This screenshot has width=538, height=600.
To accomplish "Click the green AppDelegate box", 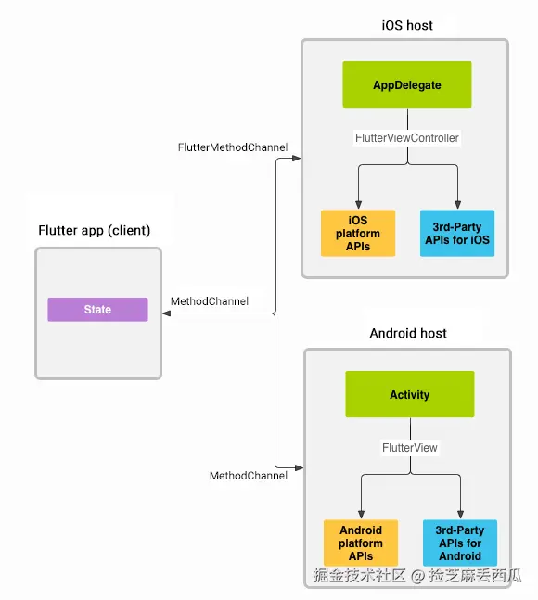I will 407,85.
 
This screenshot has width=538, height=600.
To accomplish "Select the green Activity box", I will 409,395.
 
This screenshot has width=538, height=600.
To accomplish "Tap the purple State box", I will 97,310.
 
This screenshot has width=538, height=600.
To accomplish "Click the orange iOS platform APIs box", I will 358,234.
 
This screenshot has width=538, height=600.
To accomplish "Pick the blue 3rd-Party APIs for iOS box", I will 456,234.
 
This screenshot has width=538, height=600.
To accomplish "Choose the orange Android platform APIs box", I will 360,543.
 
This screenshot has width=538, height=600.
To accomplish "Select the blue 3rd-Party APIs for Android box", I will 459,543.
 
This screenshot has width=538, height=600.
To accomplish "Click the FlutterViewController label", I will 407,138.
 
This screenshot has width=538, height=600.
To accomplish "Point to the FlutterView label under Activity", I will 409,448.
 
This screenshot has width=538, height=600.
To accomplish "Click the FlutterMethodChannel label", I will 233,147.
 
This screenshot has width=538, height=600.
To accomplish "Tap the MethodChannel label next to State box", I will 210,301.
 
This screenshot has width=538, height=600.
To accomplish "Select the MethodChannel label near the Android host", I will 248,476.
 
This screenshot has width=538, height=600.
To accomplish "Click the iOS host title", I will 406,25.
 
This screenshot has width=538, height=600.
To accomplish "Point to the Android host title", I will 408,334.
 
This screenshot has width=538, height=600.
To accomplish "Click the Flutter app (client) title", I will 94,230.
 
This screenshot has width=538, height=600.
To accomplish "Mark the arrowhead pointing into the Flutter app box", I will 166,314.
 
